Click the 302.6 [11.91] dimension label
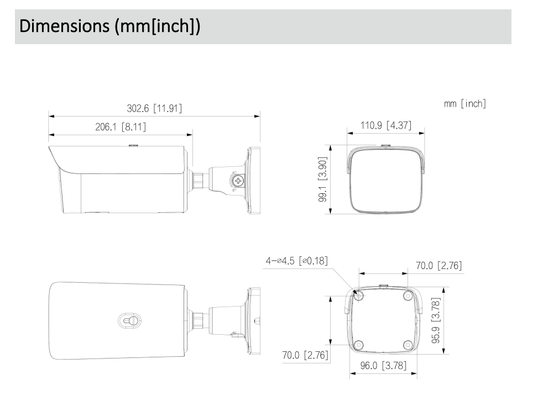(154, 108)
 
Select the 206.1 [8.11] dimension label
(120, 126)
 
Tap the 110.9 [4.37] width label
(385, 125)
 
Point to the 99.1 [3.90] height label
(322, 180)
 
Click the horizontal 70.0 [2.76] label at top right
(438, 266)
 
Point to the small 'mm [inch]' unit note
(465, 104)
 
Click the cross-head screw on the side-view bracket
(238, 180)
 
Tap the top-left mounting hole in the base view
(359, 296)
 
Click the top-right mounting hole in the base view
(408, 296)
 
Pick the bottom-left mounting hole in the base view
(359, 345)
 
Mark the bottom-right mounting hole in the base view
(408, 345)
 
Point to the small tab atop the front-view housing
(385, 146)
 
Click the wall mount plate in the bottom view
(254, 320)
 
